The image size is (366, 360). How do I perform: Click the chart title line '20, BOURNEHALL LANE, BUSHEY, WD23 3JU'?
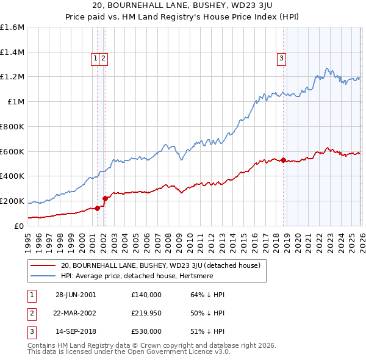tap(182, 7)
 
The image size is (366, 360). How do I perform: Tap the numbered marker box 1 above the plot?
tap(96, 59)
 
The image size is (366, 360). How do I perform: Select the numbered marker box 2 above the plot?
tap(104, 59)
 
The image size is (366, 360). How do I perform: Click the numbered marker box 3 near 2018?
tap(281, 59)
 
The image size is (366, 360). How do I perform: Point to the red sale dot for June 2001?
tap(98, 208)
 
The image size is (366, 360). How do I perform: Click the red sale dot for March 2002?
tap(105, 198)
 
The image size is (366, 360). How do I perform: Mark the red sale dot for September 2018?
tap(283, 160)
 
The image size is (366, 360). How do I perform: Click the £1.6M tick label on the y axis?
tap(12, 27)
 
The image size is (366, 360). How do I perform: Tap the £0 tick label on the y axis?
tap(19, 226)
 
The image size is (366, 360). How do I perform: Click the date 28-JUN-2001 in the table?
tap(76, 295)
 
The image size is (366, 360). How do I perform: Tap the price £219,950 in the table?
tap(146, 313)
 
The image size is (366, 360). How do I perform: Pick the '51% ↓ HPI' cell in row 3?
tap(207, 331)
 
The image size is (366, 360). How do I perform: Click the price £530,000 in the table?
tap(146, 331)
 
